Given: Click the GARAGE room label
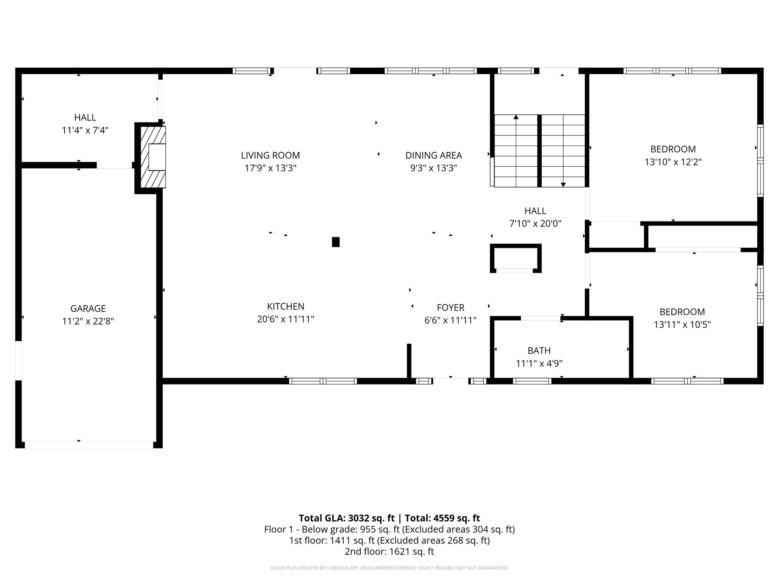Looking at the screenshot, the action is coord(88,309).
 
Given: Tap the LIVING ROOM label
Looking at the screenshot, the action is coord(270,155).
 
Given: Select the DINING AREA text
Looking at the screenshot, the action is coord(434,155).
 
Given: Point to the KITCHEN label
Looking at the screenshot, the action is coord(286,307).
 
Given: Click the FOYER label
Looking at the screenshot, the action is coord(450,308).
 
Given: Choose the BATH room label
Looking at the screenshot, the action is coord(539,351).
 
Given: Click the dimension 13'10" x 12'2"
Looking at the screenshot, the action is coord(673,162).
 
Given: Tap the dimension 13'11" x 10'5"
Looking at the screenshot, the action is coord(682,325).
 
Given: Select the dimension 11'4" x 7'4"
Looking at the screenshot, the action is coord(85,131).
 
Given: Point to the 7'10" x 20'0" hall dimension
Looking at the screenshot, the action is coord(535,223).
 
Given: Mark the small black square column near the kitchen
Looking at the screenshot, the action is coord(336,242).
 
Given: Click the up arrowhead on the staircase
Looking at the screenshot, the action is coord(516,117).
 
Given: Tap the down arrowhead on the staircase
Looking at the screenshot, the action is coord(563,185).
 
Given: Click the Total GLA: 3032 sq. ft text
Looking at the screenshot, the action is coord(346,518).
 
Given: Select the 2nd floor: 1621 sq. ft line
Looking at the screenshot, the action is coord(389,552).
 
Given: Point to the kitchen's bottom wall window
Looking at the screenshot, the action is coord(323,381).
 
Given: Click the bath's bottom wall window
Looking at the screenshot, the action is coord(532,381).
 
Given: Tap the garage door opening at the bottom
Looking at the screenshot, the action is coord(89,445).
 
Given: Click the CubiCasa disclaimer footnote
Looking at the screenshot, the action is coord(389,568).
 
